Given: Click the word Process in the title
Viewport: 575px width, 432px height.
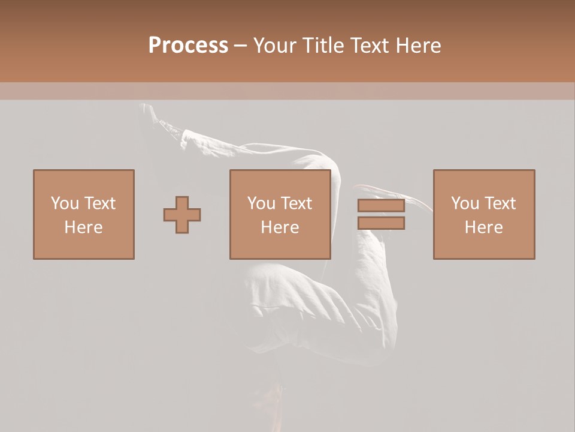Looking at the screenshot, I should pos(188,46).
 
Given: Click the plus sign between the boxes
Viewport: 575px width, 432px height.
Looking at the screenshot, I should pos(182,215).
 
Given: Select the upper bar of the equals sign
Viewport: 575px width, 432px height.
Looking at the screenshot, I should pos(381,206).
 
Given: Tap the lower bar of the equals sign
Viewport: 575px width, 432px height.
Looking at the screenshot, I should pos(381,223).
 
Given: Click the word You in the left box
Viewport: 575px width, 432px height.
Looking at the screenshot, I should pos(63,203).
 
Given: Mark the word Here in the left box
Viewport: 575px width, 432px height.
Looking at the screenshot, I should pos(83,227).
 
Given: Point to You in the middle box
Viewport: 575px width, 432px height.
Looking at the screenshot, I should pos(261,203).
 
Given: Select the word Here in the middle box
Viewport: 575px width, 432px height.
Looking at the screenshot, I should pos(280,227).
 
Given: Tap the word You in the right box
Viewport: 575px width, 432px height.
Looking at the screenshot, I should pos(464,203).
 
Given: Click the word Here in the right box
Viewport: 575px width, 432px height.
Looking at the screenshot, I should pos(484,227).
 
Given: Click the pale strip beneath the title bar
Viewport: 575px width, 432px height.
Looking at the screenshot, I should pos(287,91).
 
